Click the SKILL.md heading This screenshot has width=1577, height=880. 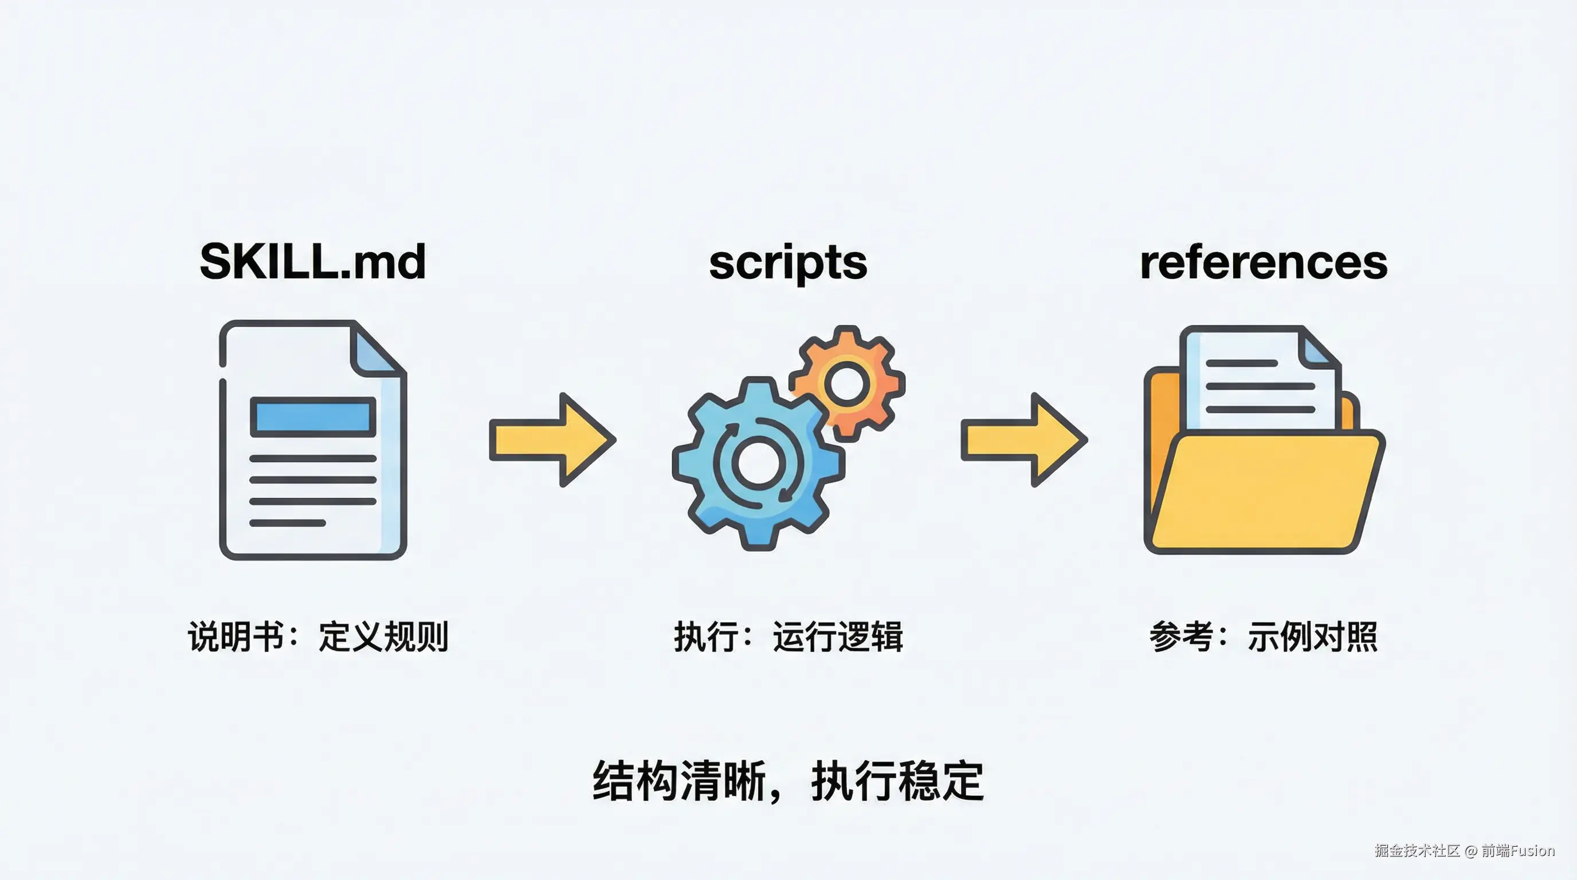click(313, 262)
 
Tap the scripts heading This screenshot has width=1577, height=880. click(788, 263)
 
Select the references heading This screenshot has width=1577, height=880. click(1264, 263)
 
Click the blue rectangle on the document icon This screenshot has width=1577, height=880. click(313, 417)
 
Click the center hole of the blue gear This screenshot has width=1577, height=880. click(758, 463)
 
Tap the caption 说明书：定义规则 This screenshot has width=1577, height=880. click(317, 637)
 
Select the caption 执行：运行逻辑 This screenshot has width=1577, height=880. click(789, 637)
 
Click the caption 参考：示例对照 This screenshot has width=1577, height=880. click(1264, 637)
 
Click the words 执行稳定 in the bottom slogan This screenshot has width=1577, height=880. click(897, 781)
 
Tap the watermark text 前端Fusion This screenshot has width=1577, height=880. click(1517, 850)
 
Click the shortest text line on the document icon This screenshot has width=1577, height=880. click(287, 522)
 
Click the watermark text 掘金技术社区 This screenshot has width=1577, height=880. click(1417, 850)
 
